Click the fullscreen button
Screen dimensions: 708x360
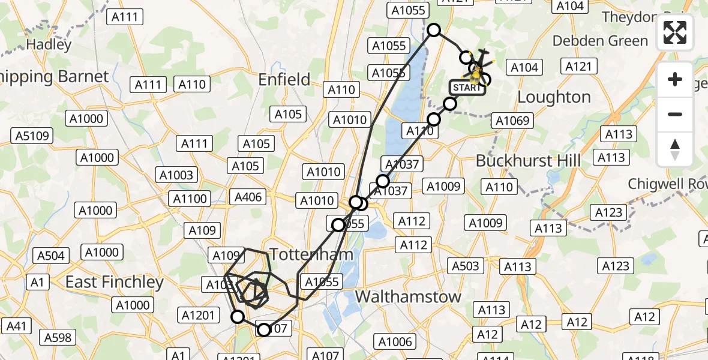(675, 32)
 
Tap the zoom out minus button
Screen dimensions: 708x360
(675, 114)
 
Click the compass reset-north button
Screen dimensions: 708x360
(675, 149)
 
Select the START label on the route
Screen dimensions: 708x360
(466, 88)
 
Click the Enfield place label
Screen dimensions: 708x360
(284, 79)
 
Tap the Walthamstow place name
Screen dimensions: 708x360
(408, 296)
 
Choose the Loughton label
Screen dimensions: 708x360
(554, 97)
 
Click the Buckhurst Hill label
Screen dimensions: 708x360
(528, 161)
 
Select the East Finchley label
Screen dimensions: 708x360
(115, 281)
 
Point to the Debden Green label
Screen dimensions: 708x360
(600, 41)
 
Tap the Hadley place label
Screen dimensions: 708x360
(49, 44)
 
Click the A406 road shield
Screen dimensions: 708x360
(249, 196)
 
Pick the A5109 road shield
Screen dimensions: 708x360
(33, 136)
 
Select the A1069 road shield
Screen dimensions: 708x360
(512, 121)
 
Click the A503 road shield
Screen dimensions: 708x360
(465, 266)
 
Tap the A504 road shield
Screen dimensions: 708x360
(50, 256)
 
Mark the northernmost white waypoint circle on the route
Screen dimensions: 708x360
(433, 30)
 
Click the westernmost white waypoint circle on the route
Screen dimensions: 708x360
(238, 317)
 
